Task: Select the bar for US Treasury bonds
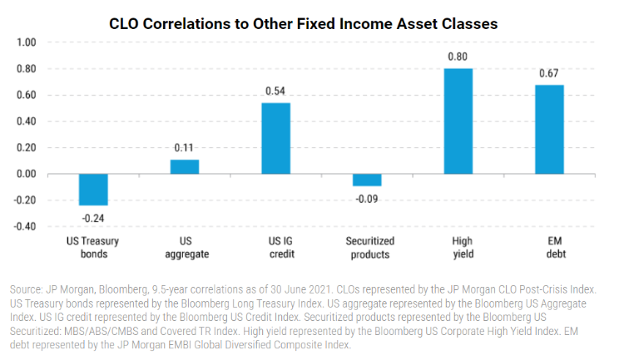93,190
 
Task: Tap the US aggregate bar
185,166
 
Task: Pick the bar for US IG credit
276,138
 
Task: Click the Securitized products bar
367,180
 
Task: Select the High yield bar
458,121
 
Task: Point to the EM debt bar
549,130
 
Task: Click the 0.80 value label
458,57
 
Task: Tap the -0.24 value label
93,217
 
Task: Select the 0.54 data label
276,91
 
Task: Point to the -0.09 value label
367,198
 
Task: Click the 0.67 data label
549,73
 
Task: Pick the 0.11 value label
185,147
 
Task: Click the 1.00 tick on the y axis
27,42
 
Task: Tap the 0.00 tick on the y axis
27,174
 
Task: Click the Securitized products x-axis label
367,248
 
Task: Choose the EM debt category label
549,248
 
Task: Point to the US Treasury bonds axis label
93,248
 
